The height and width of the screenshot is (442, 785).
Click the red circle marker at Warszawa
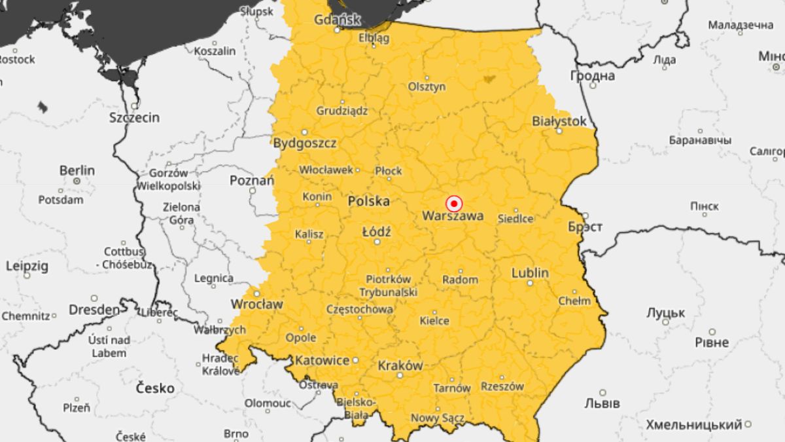click(453, 203)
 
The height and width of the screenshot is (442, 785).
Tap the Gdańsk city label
click(337, 20)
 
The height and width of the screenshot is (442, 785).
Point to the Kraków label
click(400, 366)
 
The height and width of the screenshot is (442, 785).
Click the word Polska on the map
click(368, 202)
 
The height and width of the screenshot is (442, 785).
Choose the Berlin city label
click(77, 171)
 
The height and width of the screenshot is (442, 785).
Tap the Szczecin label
click(134, 118)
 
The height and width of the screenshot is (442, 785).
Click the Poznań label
click(252, 180)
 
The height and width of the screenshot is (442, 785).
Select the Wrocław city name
click(257, 304)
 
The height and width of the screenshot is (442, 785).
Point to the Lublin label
click(530, 273)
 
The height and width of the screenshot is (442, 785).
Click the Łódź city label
click(376, 232)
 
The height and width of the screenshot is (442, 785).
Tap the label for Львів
click(602, 403)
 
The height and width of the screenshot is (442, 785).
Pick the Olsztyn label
click(427, 86)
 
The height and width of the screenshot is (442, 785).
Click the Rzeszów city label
click(502, 386)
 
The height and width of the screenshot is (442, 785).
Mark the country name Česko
click(155, 388)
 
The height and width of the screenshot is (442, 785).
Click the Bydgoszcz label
click(305, 143)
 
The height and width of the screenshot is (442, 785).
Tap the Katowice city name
click(323, 361)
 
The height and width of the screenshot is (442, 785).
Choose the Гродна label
click(593, 76)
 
